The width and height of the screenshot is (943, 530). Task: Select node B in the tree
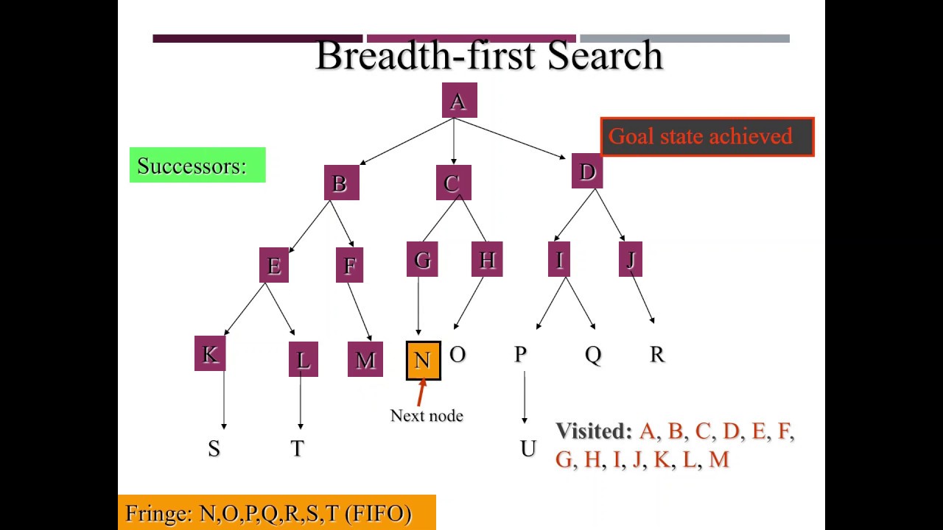[341, 183]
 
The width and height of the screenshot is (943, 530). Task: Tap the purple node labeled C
[453, 183]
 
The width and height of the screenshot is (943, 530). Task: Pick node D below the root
[587, 172]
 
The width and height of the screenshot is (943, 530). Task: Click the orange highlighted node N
[424, 360]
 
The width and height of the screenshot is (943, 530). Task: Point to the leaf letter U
[527, 448]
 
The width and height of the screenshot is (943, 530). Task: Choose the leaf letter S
[214, 448]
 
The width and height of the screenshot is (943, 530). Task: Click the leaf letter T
[298, 448]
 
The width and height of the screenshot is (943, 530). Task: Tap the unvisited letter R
[657, 354]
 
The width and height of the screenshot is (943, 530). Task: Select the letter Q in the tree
[593, 355]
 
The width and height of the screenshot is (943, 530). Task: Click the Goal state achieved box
[707, 137]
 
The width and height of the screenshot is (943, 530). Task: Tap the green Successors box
[197, 165]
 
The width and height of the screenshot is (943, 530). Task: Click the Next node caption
[427, 416]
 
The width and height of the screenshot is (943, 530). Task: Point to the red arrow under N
[421, 392]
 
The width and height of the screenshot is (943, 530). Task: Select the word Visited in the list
[593, 431]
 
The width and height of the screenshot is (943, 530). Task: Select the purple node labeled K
[210, 354]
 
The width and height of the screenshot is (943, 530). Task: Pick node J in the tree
[631, 260]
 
